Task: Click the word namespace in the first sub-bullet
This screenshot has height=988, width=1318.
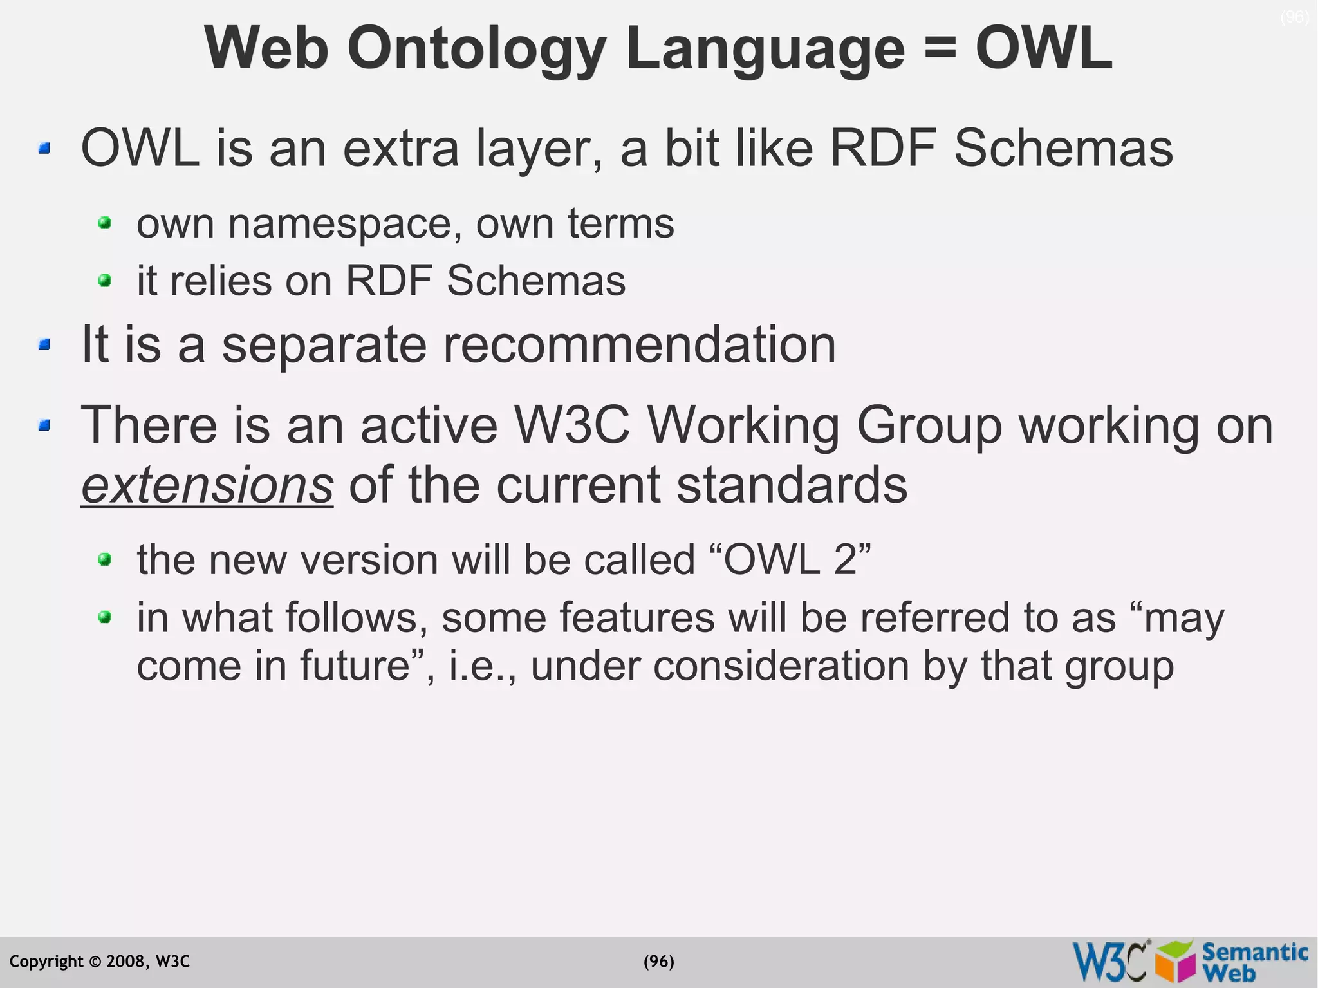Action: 344,224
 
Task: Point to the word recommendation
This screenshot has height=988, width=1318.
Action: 639,345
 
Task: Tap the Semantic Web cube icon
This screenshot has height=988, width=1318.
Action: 1176,962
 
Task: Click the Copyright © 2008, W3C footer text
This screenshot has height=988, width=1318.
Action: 100,962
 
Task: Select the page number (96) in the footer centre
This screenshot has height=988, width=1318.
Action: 659,962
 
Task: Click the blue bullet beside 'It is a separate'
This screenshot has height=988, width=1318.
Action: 44,345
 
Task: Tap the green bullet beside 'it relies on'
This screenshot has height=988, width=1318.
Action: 105,281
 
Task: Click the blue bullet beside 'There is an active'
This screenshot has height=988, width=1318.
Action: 44,425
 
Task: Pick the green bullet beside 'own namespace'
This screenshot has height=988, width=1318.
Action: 105,223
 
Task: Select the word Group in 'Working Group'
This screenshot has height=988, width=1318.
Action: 929,425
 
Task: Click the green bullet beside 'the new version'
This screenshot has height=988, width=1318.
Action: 105,559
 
